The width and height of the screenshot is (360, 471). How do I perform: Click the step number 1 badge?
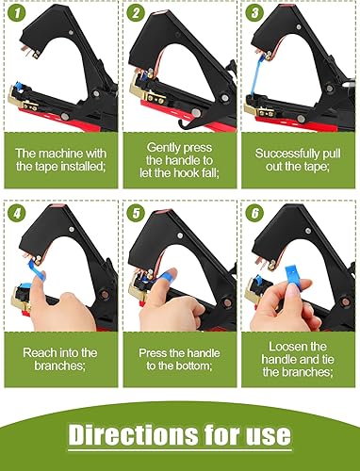click(16, 13)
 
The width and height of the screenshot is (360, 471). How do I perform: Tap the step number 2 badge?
click(136, 13)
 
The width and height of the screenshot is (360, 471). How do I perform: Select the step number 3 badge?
click(254, 13)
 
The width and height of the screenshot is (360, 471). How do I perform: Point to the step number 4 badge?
click(16, 214)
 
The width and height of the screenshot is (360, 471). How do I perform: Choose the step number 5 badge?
click(136, 214)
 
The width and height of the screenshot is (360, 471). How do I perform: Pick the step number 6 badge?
click(254, 214)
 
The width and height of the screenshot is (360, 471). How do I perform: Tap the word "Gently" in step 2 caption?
click(162, 148)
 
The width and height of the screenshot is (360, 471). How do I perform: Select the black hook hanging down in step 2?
click(188, 122)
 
